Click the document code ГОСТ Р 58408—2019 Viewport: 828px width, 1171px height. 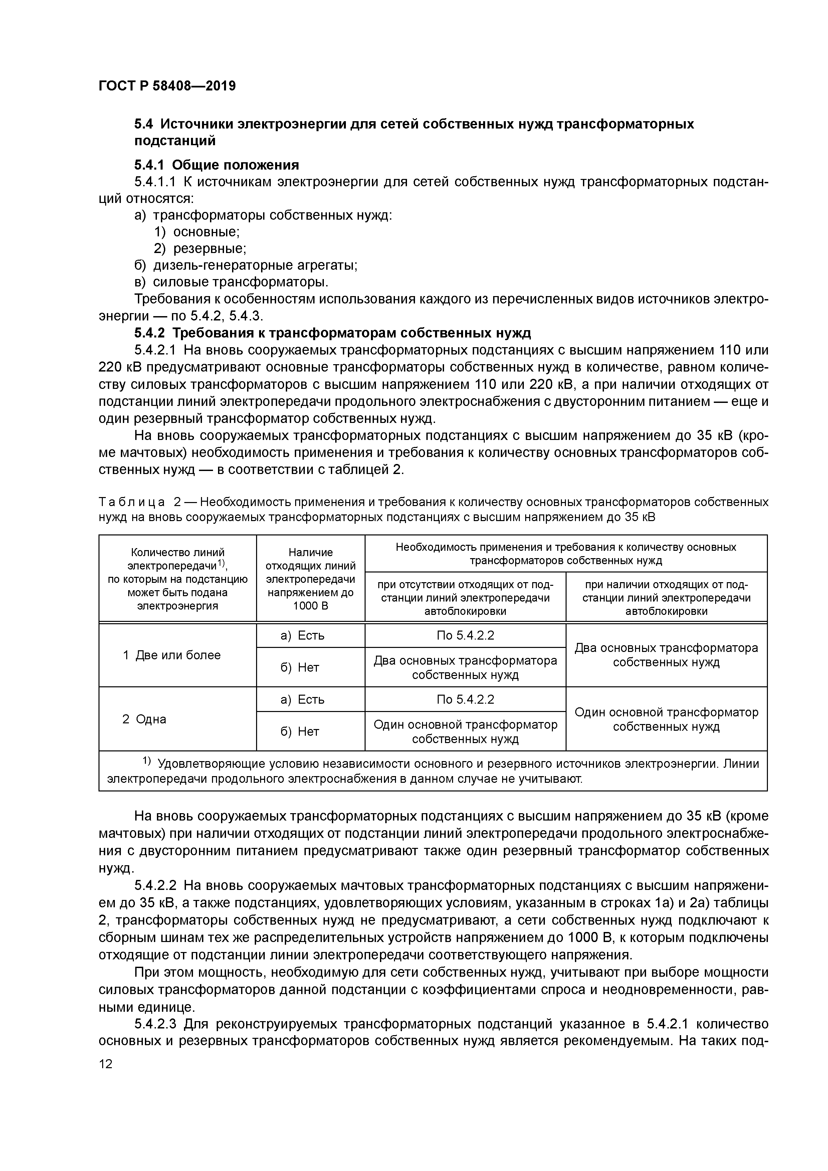coord(167,86)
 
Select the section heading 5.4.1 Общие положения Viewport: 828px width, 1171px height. coord(216,165)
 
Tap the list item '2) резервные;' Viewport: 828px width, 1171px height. coord(200,249)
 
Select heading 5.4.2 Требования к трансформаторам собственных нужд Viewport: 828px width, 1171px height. coord(332,333)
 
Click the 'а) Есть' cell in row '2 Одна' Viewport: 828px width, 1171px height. coord(302,699)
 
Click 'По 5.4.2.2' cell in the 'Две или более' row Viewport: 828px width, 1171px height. coord(465,636)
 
